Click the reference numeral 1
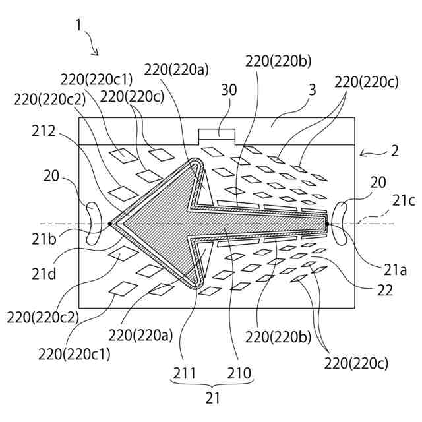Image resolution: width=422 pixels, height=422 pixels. tap(78, 26)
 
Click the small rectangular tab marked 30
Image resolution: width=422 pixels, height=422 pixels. tap(217, 135)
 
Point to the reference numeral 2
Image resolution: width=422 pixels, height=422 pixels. tap(394, 150)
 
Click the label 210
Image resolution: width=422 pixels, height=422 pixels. tap(239, 373)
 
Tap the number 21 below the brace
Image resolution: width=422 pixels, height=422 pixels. tap(212, 398)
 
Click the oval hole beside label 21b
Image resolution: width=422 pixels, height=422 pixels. tap(92, 224)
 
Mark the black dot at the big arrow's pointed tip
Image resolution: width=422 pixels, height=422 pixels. tap(110, 224)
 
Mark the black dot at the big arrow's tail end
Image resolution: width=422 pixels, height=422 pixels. tap(327, 224)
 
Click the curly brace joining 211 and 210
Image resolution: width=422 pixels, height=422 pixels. tap(212, 386)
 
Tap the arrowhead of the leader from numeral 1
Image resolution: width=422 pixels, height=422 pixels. tap(98, 55)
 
